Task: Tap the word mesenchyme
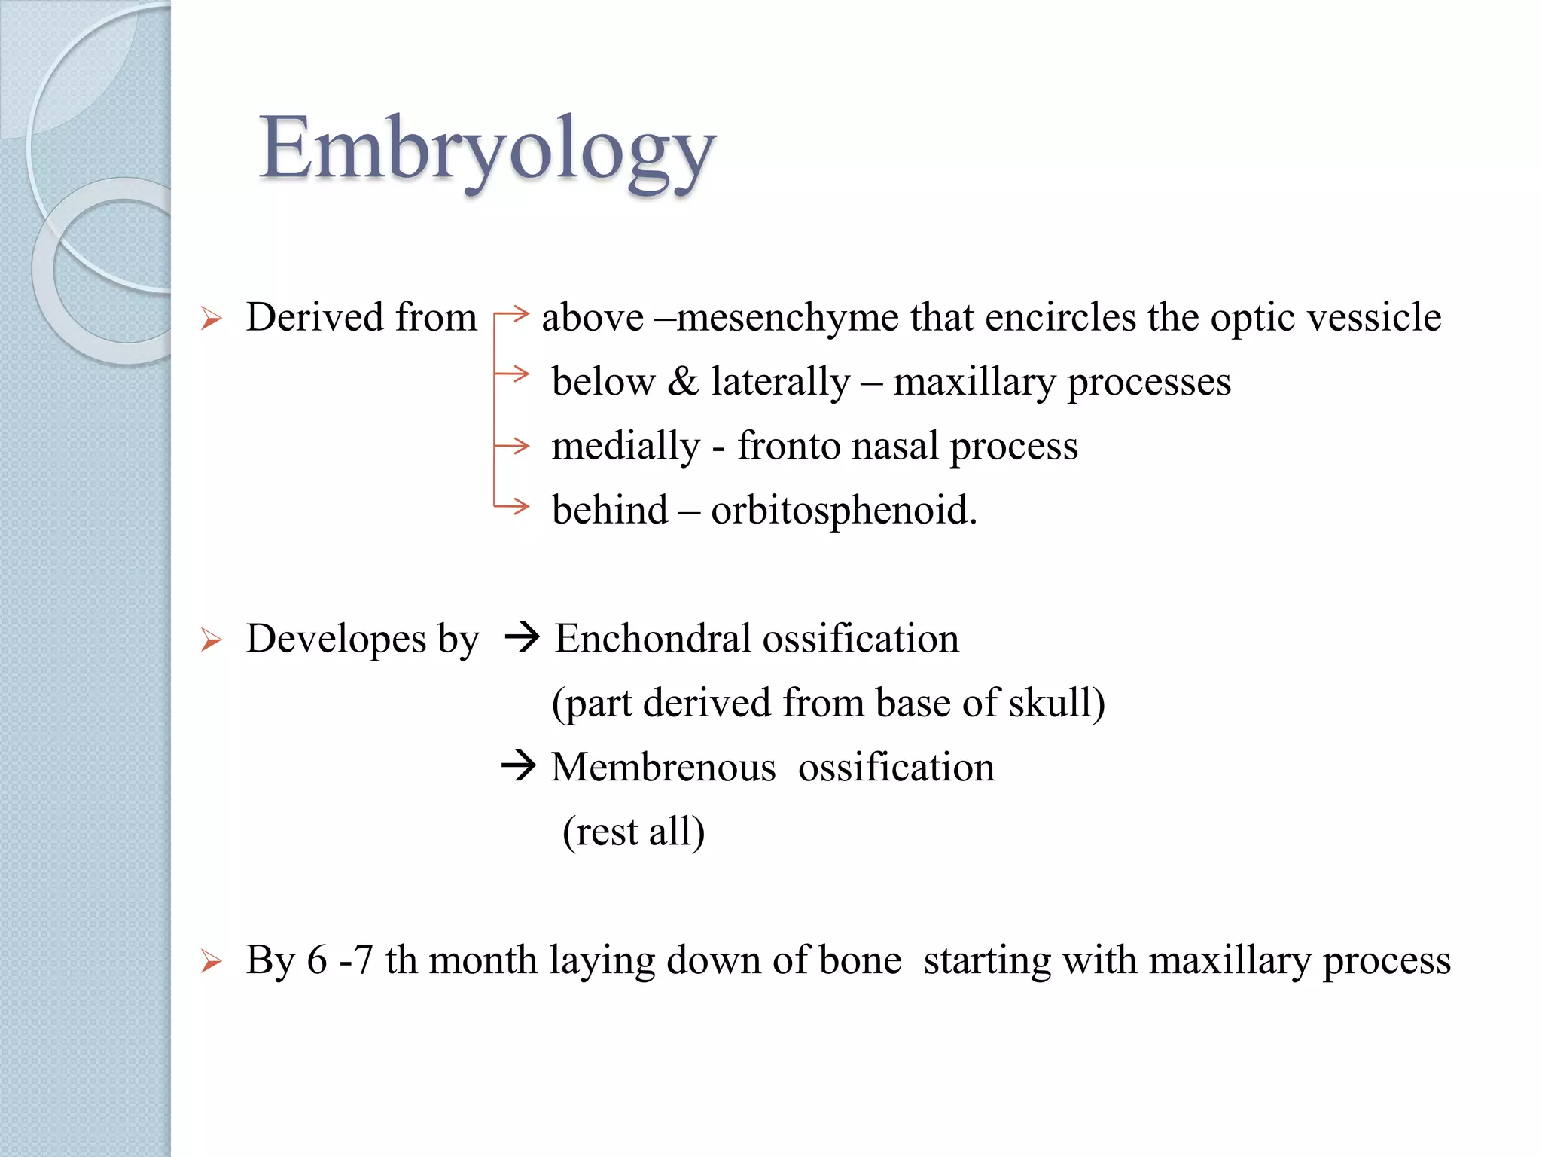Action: (788, 318)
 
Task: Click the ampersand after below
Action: (683, 381)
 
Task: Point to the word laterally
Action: (780, 383)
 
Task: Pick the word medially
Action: (626, 447)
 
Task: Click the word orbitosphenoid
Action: (843, 511)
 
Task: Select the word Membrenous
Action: (663, 768)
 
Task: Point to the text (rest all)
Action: (634, 832)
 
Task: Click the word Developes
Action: (336, 640)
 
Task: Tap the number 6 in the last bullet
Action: (317, 961)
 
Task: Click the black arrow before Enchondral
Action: (522, 638)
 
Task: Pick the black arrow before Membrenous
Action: (519, 767)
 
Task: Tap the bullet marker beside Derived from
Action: (212, 319)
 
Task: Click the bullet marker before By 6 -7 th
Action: (212, 962)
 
